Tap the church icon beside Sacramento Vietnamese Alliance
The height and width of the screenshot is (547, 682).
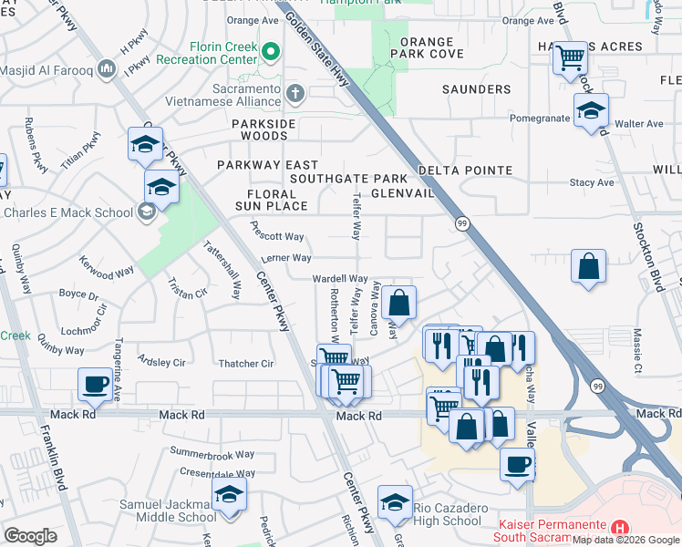tap(294, 93)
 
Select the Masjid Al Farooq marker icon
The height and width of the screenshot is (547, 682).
tap(107, 68)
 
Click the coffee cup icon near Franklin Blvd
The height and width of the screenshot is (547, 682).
tap(95, 384)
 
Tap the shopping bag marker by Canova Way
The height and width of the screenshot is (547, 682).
tap(398, 303)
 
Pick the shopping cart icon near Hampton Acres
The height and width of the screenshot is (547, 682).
tap(570, 58)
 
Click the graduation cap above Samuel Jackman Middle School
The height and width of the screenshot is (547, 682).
tap(229, 495)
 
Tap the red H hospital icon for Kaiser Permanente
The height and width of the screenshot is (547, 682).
tap(620, 528)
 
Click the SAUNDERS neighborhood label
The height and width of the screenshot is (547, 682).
tap(477, 89)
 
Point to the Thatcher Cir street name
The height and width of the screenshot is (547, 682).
tap(246, 364)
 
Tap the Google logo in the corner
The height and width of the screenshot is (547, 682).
tap(30, 536)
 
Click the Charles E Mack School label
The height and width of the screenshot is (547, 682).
tap(68, 212)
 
